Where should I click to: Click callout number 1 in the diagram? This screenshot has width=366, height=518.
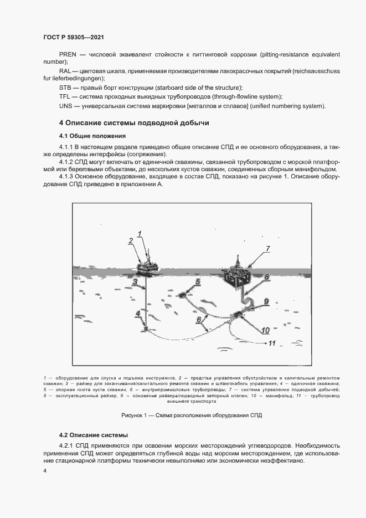pos(140,233)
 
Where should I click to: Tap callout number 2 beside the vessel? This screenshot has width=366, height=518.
pos(131,241)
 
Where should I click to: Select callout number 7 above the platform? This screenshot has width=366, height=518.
pos(267,249)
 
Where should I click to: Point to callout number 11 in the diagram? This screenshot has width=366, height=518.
pos(271,343)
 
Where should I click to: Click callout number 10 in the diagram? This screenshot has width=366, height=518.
pos(265,330)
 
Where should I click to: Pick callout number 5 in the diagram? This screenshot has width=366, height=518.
pos(198,282)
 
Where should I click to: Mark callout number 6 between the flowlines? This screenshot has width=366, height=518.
pos(198,320)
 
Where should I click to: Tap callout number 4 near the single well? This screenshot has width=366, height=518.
pos(138,314)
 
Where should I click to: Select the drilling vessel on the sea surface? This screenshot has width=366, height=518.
pos(147,265)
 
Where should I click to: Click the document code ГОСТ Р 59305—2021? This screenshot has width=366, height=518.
pos(74,37)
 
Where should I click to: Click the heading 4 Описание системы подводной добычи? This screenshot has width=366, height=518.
pos(134,122)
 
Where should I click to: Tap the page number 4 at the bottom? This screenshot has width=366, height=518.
pos(45,470)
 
